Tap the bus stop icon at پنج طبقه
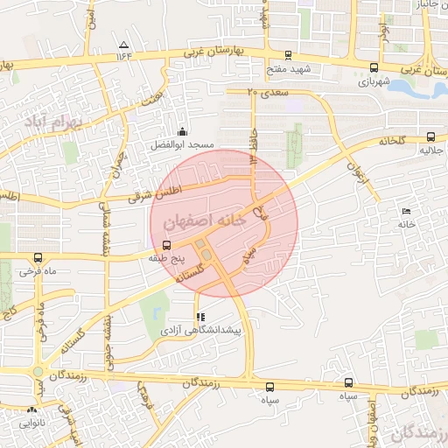pyautogui.click(x=167, y=246)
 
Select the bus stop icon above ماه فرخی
pyautogui.click(x=38, y=257)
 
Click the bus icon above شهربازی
pyautogui.click(x=374, y=67)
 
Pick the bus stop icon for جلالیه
pyautogui.click(x=430, y=136)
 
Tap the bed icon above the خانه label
pyautogui.click(x=405, y=211)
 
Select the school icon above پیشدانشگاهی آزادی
pyautogui.click(x=201, y=317)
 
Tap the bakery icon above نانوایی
pyautogui.click(x=32, y=408)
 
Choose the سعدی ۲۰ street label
pyautogui.click(x=269, y=91)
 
